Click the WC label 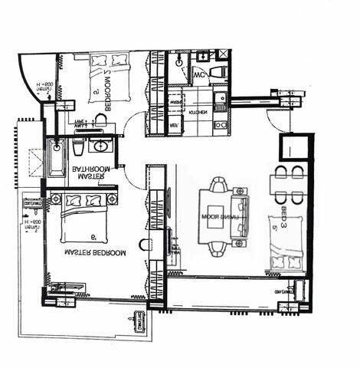click(198, 76)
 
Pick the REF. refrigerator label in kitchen click(174, 124)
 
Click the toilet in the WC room click(215, 72)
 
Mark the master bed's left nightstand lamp click(56, 199)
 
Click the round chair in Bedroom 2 click(100, 120)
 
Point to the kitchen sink click(221, 97)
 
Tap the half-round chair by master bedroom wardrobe click(144, 245)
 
